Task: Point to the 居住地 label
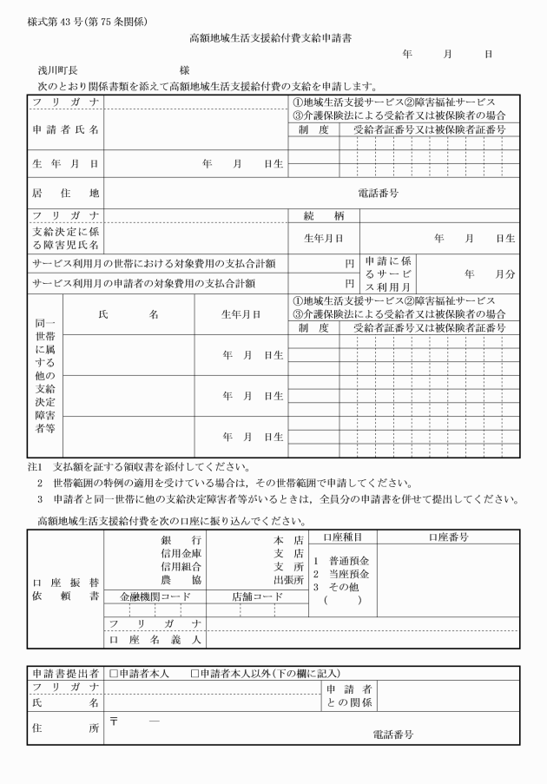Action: (x=65, y=194)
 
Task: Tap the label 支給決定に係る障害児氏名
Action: (x=65, y=237)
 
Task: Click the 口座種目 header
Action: (x=342, y=537)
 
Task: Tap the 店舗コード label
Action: (x=257, y=596)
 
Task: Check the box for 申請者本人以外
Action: (x=195, y=673)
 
